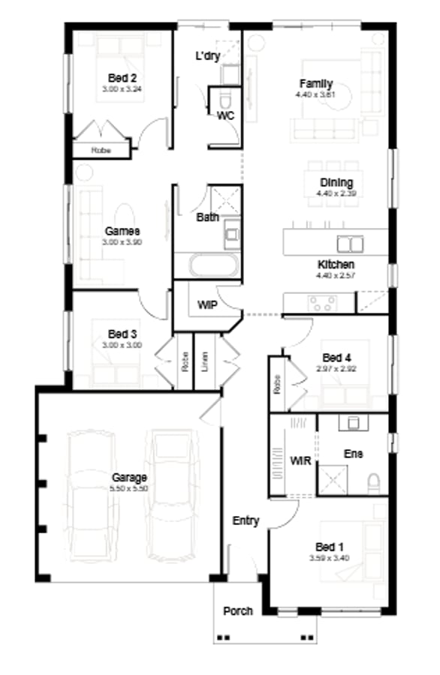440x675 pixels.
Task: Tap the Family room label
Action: pos(315,84)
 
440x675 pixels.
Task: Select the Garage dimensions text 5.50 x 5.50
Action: pos(129,488)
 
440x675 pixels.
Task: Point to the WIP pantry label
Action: pos(206,306)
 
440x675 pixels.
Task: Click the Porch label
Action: pos(238,610)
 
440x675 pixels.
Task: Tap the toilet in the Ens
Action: pos(374,482)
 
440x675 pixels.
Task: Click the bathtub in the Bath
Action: pos(214,267)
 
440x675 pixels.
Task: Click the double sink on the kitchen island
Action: pos(349,244)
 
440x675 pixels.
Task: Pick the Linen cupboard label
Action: pos(204,362)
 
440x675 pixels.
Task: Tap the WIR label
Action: pos(300,459)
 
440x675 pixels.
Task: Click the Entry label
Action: pos(246,520)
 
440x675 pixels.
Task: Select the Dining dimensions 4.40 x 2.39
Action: pos(336,193)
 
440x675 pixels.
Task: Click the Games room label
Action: pos(122,232)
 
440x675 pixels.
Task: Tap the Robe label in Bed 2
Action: pos(101,150)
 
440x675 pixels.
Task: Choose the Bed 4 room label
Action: pos(336,356)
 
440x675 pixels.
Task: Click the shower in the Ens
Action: pos(333,478)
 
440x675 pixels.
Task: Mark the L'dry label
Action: pos(207,55)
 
